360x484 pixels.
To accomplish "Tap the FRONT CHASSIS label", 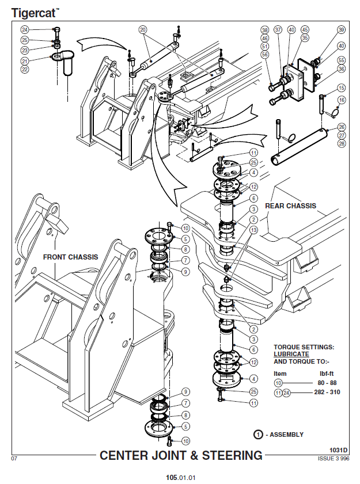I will point(70,257).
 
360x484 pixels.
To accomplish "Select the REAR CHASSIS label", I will point(290,205).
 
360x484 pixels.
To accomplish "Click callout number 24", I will point(25,29).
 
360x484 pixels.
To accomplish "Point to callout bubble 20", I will point(143,29).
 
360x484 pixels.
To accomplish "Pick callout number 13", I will point(253,230).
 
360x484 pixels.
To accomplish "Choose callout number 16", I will point(342,100).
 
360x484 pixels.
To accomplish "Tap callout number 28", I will point(342,143).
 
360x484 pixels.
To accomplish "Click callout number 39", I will point(342,30).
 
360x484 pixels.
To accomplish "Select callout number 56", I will point(265,54).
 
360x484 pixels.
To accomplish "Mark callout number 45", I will point(305,30).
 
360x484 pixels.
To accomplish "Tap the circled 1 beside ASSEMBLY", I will point(260,435).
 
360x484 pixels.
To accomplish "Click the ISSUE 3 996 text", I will point(334,459).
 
